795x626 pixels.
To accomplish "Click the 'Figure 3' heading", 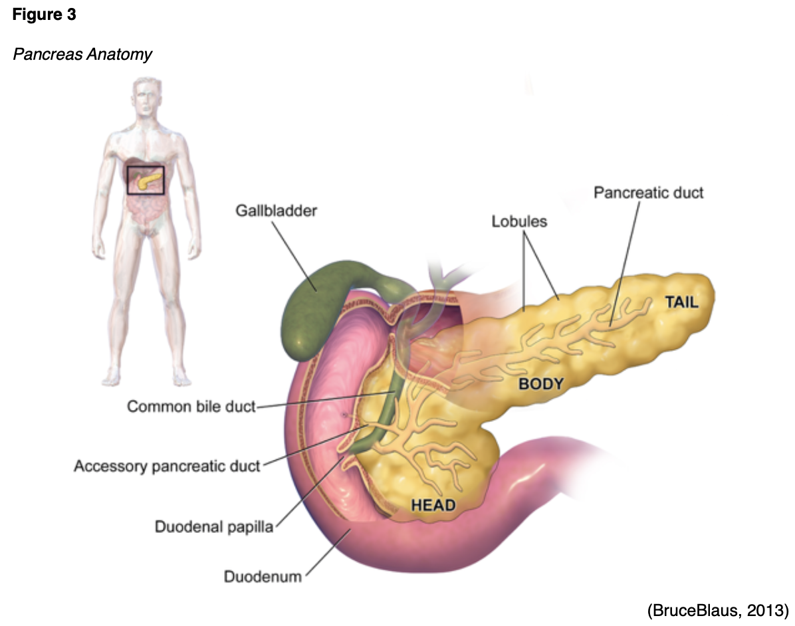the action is [44, 15].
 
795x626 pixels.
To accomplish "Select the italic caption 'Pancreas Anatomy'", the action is [82, 54].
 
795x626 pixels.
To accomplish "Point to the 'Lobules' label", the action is [519, 221].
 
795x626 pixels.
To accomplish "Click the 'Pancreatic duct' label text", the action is [648, 193].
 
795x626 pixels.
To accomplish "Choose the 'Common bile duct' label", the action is [191, 406].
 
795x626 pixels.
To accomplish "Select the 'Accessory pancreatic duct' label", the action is [166, 466].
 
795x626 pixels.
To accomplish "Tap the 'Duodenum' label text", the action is [262, 575].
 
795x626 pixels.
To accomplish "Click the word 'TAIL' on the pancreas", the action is [682, 303].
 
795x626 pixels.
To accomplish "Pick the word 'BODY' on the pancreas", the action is [541, 383].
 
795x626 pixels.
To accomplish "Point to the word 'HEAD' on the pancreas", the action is [433, 505].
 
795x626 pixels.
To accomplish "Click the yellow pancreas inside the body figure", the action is [150, 179].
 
